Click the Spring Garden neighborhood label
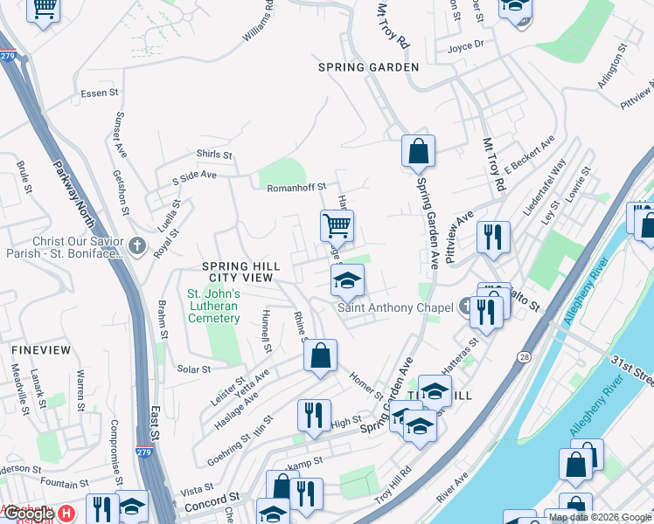click(368, 67)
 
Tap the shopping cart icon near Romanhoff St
click(337, 226)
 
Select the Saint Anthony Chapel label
click(395, 307)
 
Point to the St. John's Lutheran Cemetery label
click(213, 307)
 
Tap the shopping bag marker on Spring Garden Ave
click(419, 151)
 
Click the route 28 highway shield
click(523, 357)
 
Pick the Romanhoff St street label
click(296, 187)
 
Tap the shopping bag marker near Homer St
click(321, 356)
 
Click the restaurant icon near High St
click(313, 416)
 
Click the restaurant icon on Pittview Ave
click(493, 237)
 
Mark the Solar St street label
click(194, 369)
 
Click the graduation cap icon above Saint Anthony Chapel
click(347, 281)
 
